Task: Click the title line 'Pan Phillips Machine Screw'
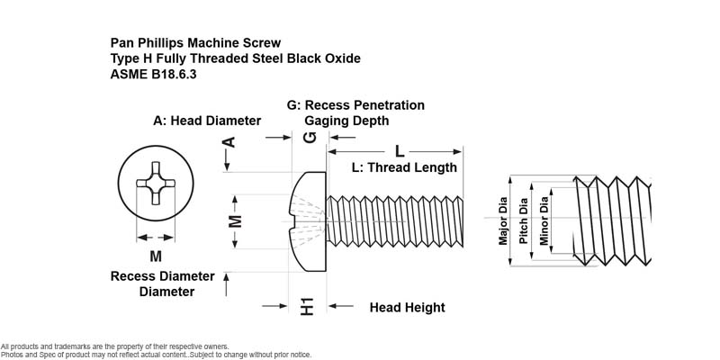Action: point(195,43)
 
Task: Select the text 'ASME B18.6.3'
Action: point(153,75)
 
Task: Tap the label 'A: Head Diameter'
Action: point(207,121)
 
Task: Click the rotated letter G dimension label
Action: point(310,137)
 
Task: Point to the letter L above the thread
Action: point(400,151)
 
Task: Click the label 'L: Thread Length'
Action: point(404,167)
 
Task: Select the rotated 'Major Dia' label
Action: point(503,220)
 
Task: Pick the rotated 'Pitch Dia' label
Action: point(523,220)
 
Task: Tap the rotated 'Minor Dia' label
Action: point(544,220)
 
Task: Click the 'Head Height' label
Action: point(408,307)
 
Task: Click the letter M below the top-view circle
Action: point(156,256)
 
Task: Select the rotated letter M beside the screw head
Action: point(235,221)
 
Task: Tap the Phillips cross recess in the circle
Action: point(156,184)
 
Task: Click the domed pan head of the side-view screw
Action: point(308,221)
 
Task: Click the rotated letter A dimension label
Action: point(229,142)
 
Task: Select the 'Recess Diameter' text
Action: point(163,276)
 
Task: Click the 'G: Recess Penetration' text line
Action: point(355,105)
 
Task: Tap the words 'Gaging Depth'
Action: point(346,121)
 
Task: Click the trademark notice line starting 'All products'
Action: point(115,346)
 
